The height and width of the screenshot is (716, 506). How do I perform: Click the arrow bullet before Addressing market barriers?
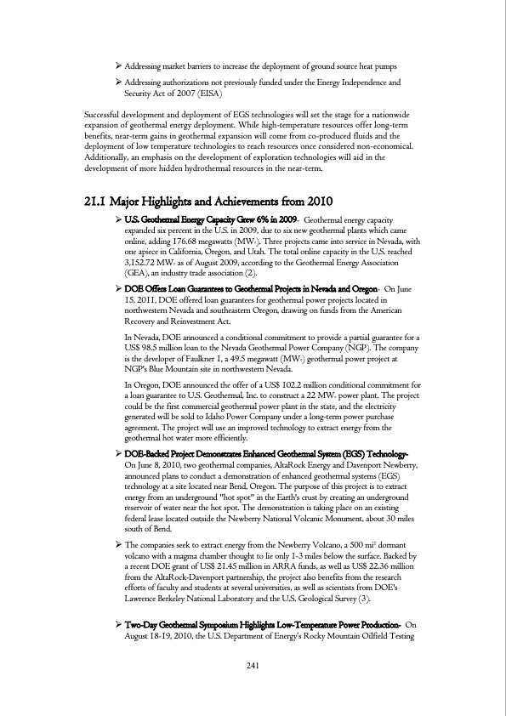[x=118, y=65]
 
